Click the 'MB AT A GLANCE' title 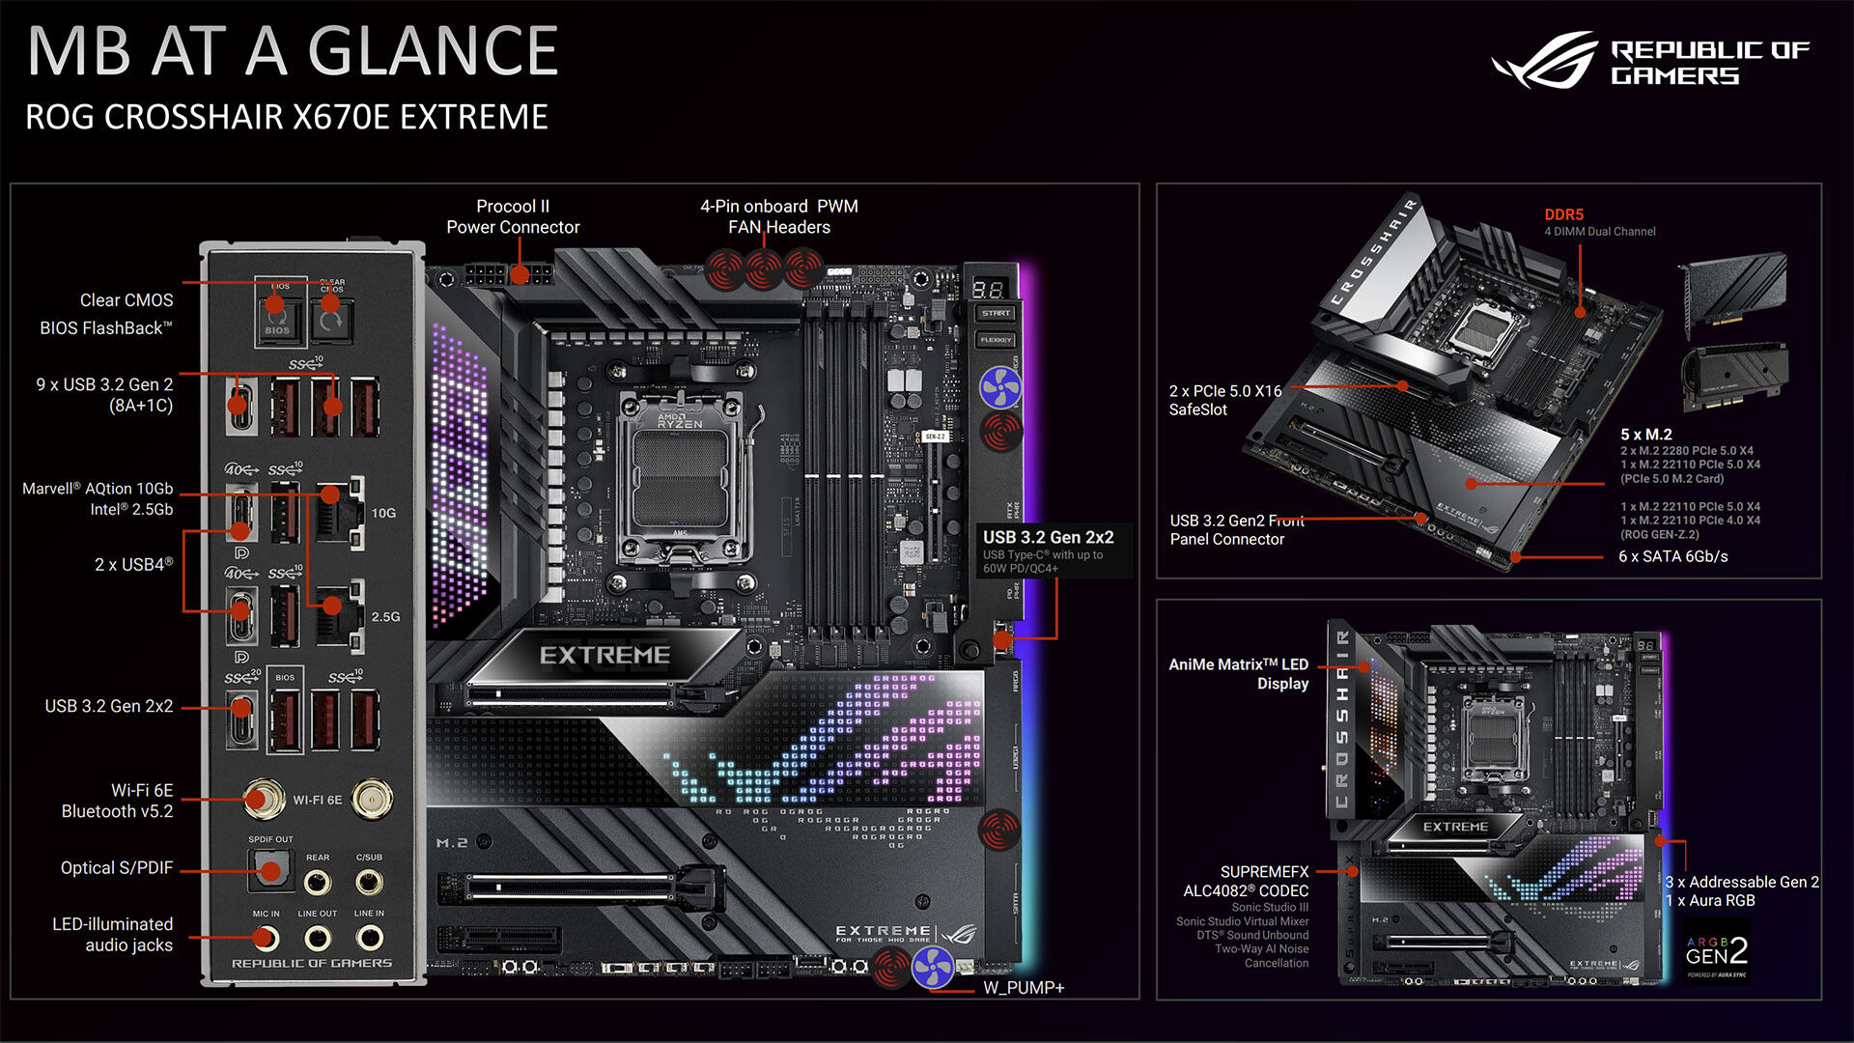tap(293, 51)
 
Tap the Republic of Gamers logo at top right tap(1651, 60)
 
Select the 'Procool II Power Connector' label tap(513, 216)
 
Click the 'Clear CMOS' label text tap(126, 300)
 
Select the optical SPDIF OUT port tap(269, 870)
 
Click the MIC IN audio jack tap(266, 937)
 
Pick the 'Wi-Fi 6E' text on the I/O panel tap(318, 800)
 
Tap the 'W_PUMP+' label tap(1024, 988)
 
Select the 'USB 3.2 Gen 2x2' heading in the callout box tap(1048, 537)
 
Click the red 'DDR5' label tap(1563, 214)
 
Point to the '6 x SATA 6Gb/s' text tap(1672, 556)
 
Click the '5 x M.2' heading tap(1646, 435)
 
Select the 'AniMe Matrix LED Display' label tap(1239, 674)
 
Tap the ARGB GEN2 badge tap(1716, 954)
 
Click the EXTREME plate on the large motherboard tap(604, 656)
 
